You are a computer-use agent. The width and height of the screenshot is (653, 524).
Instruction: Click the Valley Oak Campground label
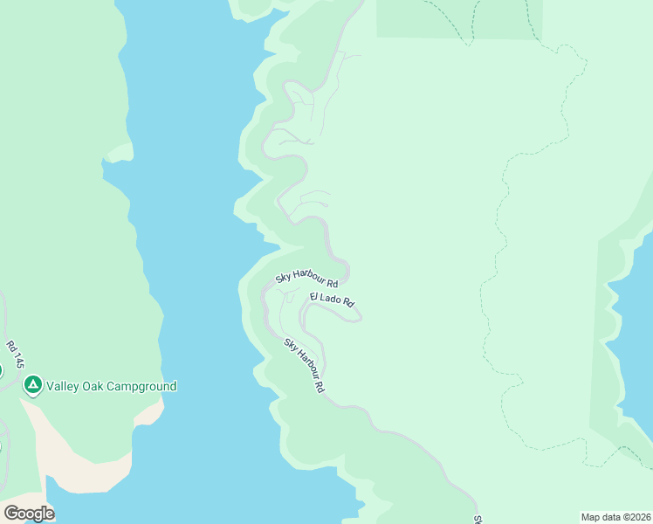click(111, 386)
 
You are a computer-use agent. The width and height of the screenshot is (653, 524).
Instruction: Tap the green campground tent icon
click(33, 385)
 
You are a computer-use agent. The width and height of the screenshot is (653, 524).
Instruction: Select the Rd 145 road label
click(14, 357)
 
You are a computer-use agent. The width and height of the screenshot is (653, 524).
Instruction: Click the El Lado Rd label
click(333, 300)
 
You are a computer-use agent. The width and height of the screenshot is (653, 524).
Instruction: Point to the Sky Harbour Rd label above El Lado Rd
click(306, 279)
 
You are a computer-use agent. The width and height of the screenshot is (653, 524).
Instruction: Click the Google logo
click(29, 514)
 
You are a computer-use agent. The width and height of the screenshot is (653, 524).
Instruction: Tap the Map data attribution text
click(615, 517)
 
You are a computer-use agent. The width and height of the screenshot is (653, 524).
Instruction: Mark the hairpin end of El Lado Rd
click(357, 318)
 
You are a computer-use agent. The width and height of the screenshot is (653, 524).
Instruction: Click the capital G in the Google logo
click(11, 514)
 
